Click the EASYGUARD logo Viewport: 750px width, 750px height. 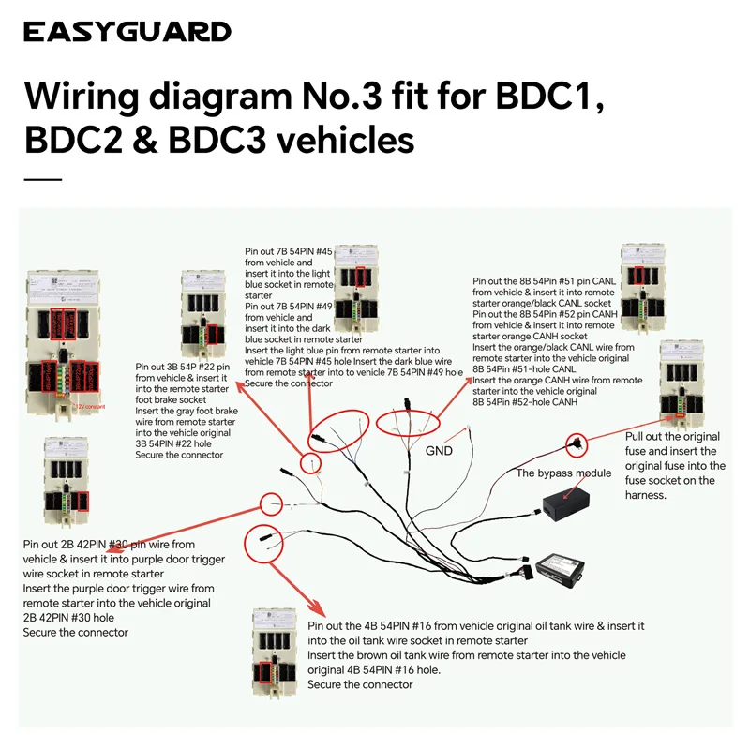[127, 32]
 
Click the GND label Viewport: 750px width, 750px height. [439, 450]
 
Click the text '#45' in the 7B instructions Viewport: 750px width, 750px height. [321, 252]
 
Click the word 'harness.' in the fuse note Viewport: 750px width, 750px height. [645, 495]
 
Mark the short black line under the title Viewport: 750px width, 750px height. [42, 179]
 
